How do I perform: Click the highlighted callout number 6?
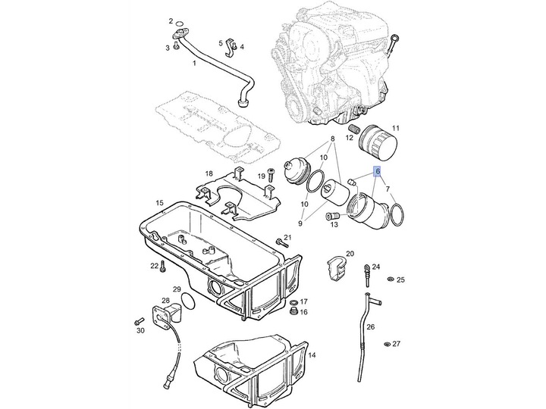coord(377,173)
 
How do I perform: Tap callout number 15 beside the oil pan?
coord(159,203)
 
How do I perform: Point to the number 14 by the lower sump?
coord(312,354)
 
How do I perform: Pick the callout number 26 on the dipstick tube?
coord(370,327)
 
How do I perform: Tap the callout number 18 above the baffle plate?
coord(209,173)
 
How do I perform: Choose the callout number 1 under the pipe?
coord(193,64)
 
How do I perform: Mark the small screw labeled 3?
coord(176,46)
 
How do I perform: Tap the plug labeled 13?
coord(332,218)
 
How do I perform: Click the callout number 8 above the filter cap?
coord(331,141)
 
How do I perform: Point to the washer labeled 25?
coord(389,280)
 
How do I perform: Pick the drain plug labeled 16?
coord(293,312)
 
